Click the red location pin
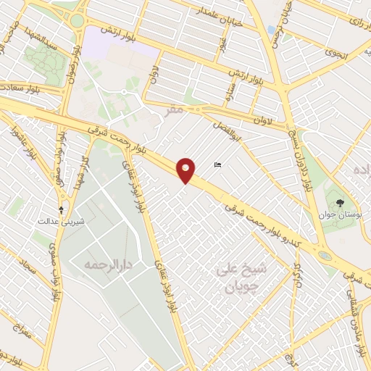coord(187,170)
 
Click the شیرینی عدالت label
coord(62,220)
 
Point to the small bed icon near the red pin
coord(218,166)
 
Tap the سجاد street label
coord(28,272)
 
